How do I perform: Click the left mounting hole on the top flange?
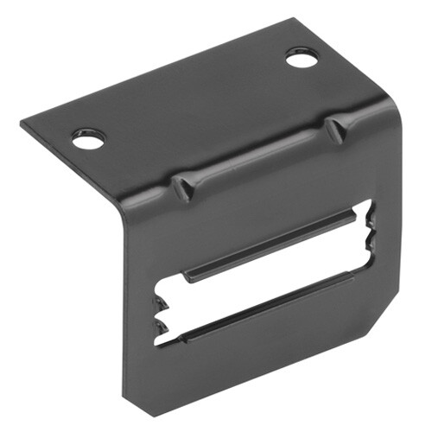tap(89, 138)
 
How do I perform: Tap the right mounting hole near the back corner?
tap(301, 59)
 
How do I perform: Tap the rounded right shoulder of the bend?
tap(389, 112)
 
